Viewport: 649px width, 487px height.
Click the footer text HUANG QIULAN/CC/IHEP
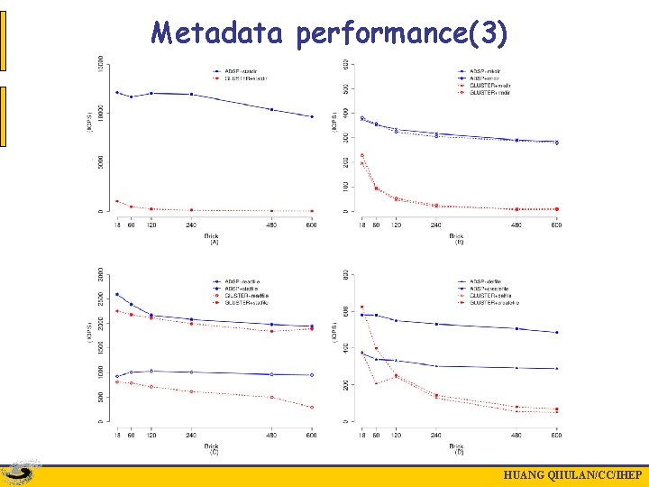[x=572, y=476]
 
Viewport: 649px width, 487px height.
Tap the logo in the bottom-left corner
[x=21, y=473]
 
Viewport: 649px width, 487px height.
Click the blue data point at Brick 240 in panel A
[x=191, y=94]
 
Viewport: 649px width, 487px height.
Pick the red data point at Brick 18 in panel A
[x=116, y=201]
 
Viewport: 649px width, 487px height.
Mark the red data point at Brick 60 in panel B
[x=376, y=188]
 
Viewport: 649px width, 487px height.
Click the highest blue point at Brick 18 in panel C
[x=116, y=294]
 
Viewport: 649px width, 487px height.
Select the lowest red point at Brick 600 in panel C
[x=312, y=407]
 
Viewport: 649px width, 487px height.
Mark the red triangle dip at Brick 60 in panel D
[x=376, y=383]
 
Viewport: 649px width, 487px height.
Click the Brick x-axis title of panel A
[x=213, y=235]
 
